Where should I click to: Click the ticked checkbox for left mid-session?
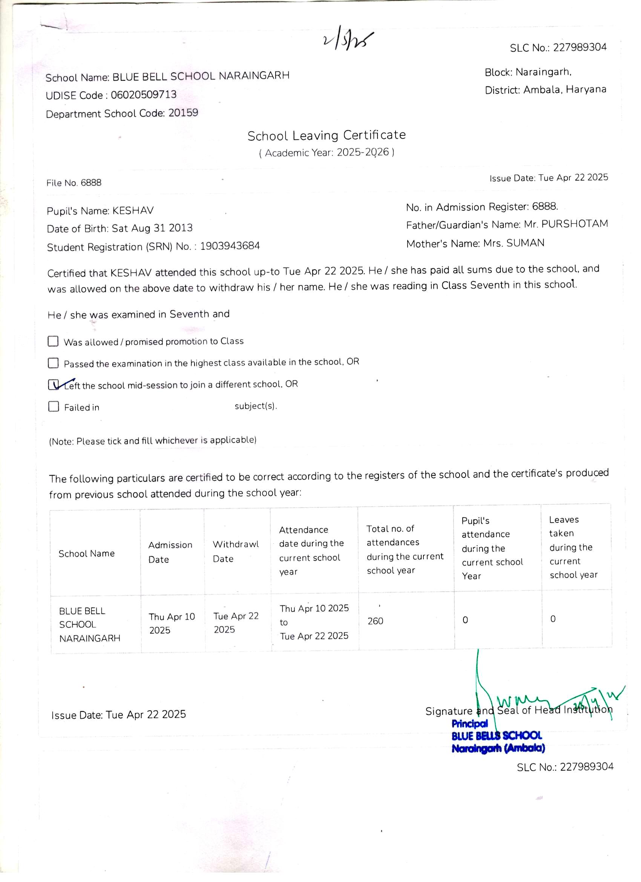[53, 385]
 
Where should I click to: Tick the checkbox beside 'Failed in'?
[53, 406]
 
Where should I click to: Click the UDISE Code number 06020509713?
[143, 94]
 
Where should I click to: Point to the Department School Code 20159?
[183, 113]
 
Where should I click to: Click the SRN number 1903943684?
[230, 246]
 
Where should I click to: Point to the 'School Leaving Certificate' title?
[327, 135]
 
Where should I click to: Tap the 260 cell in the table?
[375, 621]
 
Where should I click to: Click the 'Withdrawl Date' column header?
[236, 552]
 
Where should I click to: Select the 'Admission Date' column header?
[170, 552]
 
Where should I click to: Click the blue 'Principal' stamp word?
[469, 724]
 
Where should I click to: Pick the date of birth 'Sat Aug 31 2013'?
[152, 228]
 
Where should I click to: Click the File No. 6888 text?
[74, 183]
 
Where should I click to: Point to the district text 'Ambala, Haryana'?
[564, 90]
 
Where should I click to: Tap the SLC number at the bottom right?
[565, 767]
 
